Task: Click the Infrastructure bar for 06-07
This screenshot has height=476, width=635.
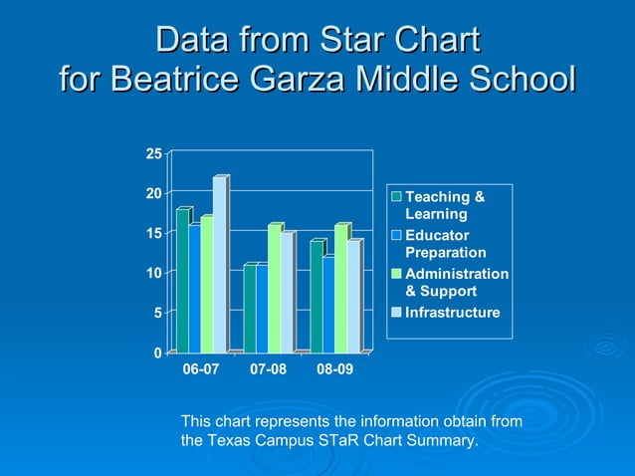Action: pos(219,266)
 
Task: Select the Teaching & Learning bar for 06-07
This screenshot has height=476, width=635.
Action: pos(182,282)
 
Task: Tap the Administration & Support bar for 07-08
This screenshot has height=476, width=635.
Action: pos(274,290)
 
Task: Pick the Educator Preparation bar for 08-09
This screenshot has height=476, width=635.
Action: pos(328,306)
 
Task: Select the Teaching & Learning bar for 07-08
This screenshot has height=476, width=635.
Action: pos(250,309)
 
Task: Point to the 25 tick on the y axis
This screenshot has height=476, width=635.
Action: pos(153,153)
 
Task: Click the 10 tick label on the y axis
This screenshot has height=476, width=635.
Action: pos(153,273)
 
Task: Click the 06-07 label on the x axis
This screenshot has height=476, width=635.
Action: pos(201,369)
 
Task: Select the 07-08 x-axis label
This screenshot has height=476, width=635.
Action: pos(269,369)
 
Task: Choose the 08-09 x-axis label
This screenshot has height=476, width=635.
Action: pos(335,369)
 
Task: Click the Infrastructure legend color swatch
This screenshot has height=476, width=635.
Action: pos(395,313)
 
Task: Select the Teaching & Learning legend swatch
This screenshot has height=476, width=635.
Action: pos(395,196)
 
